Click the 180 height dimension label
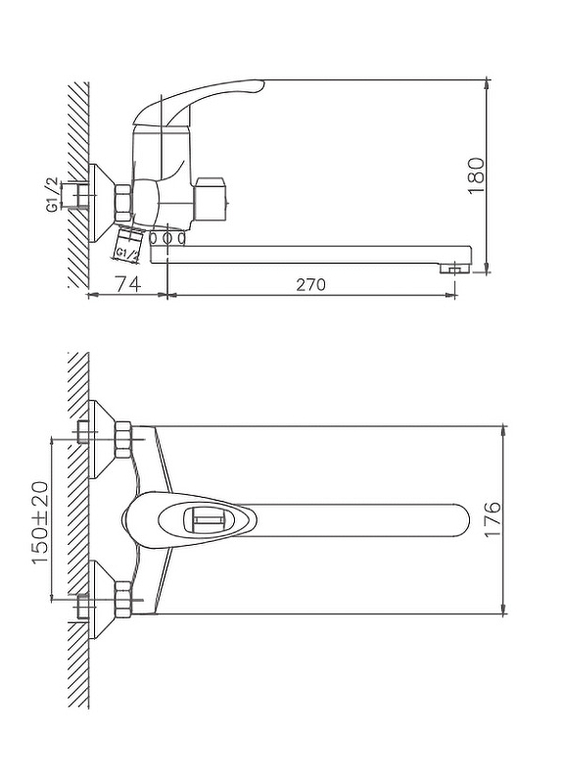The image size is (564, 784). [477, 175]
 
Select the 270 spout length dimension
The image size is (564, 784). [310, 284]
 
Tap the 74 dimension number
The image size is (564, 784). [128, 284]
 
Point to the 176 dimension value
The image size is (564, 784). [493, 519]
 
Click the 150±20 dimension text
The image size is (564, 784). [41, 522]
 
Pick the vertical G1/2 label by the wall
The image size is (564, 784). [53, 195]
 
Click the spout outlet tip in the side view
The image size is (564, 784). [455, 269]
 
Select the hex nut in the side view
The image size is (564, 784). [123, 203]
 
